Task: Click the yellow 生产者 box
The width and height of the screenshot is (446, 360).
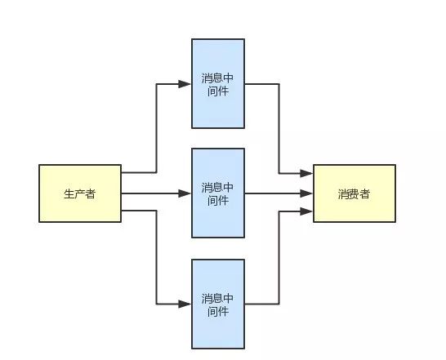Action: (x=80, y=193)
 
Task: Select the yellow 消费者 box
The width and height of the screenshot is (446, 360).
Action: (x=355, y=193)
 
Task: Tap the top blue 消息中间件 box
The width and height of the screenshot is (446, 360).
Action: (x=218, y=83)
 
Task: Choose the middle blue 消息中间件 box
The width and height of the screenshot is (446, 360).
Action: (x=218, y=193)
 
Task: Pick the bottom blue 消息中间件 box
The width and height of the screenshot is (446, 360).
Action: (x=218, y=304)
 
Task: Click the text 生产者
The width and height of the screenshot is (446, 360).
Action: (x=80, y=194)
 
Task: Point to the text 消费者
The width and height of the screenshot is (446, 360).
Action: (x=355, y=194)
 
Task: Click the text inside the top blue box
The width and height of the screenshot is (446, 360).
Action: (x=217, y=85)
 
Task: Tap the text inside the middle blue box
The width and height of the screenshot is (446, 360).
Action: (x=217, y=194)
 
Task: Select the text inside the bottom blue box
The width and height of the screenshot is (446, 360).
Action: (x=217, y=304)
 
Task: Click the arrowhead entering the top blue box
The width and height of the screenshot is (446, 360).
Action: (x=185, y=84)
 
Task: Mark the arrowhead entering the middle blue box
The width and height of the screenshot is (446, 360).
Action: (x=185, y=193)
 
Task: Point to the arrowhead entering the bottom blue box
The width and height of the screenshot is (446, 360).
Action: (x=185, y=304)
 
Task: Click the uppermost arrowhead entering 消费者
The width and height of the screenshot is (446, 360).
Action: (x=306, y=173)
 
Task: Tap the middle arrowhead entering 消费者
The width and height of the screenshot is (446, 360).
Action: (x=306, y=193)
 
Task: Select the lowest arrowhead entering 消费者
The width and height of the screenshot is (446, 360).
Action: (x=306, y=211)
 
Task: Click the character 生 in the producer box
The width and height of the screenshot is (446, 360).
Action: (x=69, y=194)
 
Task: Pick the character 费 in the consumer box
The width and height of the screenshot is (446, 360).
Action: (x=355, y=194)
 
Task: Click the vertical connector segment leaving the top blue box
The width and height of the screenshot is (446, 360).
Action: (x=279, y=128)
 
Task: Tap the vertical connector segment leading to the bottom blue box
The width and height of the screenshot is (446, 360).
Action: (x=156, y=257)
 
